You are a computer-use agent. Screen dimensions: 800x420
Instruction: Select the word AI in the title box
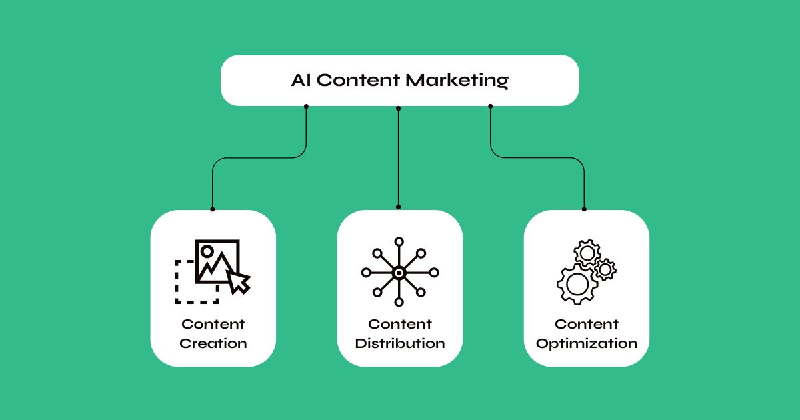pyautogui.click(x=301, y=81)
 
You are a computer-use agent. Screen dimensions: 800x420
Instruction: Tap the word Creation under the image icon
pyautogui.click(x=213, y=344)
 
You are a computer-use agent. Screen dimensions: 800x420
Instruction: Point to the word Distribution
pyautogui.click(x=400, y=344)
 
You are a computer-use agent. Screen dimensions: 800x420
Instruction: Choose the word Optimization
pyautogui.click(x=587, y=344)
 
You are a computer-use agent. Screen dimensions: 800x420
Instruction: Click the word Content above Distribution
pyautogui.click(x=400, y=325)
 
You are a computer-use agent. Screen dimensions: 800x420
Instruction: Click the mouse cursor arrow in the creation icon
pyautogui.click(x=238, y=281)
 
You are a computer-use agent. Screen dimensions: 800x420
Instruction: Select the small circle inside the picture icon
pyautogui.click(x=207, y=251)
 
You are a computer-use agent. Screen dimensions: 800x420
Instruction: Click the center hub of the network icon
pyautogui.click(x=399, y=273)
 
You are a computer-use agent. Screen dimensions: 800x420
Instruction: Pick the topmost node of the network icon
pyautogui.click(x=399, y=241)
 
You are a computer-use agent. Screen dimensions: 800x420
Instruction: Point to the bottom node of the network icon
pyautogui.click(x=399, y=303)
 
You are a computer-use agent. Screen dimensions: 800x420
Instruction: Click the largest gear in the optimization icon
pyautogui.click(x=577, y=284)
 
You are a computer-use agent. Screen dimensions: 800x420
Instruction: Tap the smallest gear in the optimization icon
pyautogui.click(x=605, y=269)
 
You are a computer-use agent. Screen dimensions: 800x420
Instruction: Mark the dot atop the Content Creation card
pyautogui.click(x=213, y=209)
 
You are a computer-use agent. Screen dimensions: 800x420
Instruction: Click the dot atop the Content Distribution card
pyautogui.click(x=399, y=207)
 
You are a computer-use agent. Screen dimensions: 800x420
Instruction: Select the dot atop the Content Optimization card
pyautogui.click(x=584, y=209)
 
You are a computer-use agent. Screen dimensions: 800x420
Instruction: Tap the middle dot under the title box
pyautogui.click(x=399, y=107)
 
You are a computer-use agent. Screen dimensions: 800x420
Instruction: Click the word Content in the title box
pyautogui.click(x=358, y=81)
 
